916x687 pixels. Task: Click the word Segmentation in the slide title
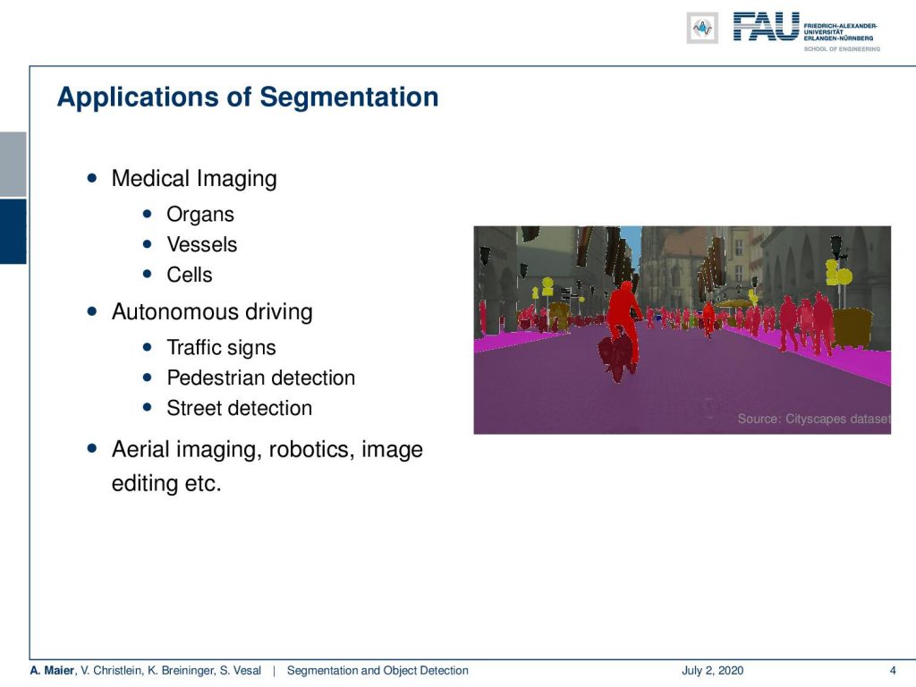pos(349,98)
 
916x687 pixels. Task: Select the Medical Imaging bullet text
pos(194,179)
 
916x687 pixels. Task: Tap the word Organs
pos(200,215)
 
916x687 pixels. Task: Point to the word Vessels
pos(202,244)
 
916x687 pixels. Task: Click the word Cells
pos(190,275)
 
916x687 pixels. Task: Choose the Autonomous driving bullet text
pos(212,312)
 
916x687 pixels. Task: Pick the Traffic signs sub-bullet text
pos(222,348)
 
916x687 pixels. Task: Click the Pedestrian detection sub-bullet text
pos(261,378)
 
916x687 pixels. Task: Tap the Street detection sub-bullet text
pos(240,408)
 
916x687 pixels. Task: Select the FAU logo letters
pos(766,27)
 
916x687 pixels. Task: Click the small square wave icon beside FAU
pos(702,28)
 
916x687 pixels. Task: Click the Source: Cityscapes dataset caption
pos(814,419)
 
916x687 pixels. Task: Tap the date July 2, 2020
pos(712,670)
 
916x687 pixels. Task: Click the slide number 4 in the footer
pos(892,670)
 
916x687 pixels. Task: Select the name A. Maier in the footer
pos(52,670)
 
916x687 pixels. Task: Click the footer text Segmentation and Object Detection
pos(377,670)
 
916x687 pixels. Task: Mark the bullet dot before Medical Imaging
pos(92,178)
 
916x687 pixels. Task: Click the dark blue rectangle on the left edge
pos(13,232)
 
